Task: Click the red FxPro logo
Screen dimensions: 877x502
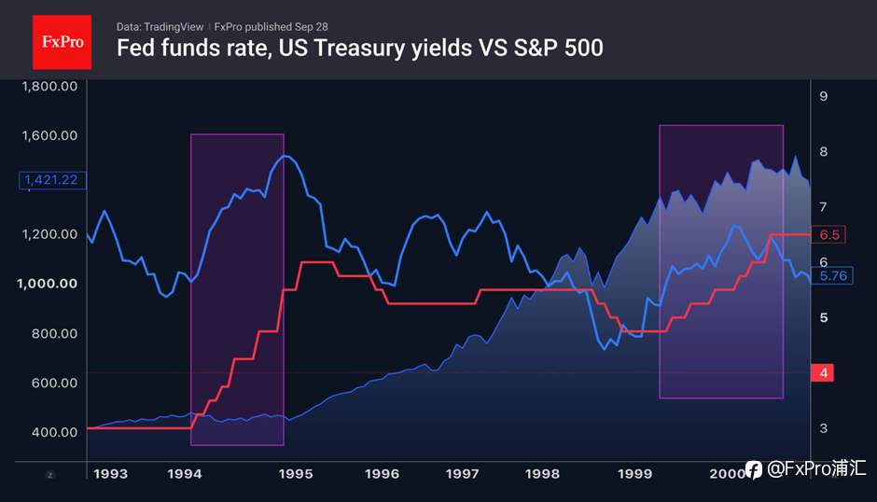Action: (63, 42)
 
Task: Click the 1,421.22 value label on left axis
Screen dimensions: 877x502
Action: (52, 180)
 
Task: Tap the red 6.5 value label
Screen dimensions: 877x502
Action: (828, 234)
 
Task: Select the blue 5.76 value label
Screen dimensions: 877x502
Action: (832, 275)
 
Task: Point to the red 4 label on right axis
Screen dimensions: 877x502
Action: (823, 372)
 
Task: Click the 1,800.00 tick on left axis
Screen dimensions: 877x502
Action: (49, 86)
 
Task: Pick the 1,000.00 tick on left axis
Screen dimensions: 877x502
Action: (47, 284)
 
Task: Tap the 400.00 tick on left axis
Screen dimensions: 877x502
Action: (54, 432)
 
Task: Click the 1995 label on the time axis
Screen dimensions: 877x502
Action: (296, 474)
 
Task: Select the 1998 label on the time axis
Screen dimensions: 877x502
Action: (542, 474)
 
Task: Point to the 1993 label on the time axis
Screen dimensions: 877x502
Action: (110, 474)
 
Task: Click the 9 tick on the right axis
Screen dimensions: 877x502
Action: (823, 96)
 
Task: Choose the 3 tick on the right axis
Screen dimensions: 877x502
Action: (823, 428)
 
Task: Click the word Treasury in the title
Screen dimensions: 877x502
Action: (358, 49)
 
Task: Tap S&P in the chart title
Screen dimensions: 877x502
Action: (536, 49)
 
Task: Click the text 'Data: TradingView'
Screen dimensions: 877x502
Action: (160, 27)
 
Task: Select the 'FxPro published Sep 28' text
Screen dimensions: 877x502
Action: (271, 27)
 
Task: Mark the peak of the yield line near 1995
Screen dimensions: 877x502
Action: (285, 156)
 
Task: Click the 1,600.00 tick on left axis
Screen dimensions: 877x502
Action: (49, 135)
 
